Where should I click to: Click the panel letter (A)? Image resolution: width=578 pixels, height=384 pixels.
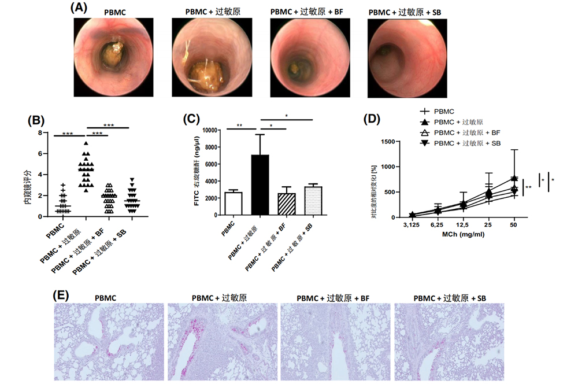click(x=79, y=8)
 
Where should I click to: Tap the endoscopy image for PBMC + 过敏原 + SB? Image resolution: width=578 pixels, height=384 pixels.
click(x=409, y=57)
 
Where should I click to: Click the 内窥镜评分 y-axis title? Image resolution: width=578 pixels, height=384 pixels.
click(x=26, y=174)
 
